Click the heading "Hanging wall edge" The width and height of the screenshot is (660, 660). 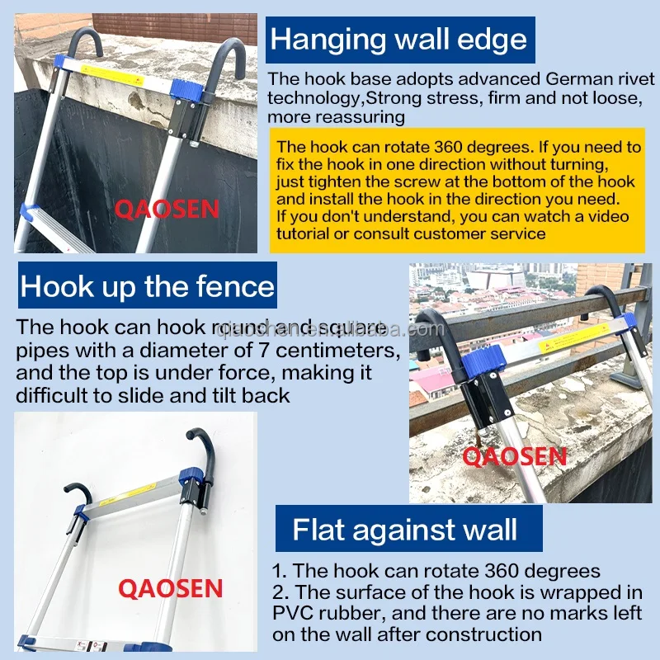click(x=398, y=40)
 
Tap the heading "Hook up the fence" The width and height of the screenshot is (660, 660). click(x=148, y=286)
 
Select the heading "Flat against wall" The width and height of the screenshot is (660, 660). click(x=404, y=529)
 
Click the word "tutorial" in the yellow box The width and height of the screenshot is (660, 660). click(x=303, y=233)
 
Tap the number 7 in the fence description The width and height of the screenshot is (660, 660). click(x=263, y=350)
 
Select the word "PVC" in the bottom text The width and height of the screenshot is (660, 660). click(x=293, y=613)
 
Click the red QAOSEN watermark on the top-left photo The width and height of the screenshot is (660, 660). click(x=167, y=210)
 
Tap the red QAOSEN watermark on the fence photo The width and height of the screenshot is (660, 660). click(x=514, y=457)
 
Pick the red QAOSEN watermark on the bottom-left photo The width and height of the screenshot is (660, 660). click(x=170, y=588)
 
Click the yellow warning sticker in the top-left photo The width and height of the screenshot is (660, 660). click(x=112, y=76)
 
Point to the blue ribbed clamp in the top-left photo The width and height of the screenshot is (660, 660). click(x=187, y=87)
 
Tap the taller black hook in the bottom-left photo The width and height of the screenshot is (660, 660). click(x=203, y=452)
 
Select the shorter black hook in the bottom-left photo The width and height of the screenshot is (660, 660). click(x=78, y=493)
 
